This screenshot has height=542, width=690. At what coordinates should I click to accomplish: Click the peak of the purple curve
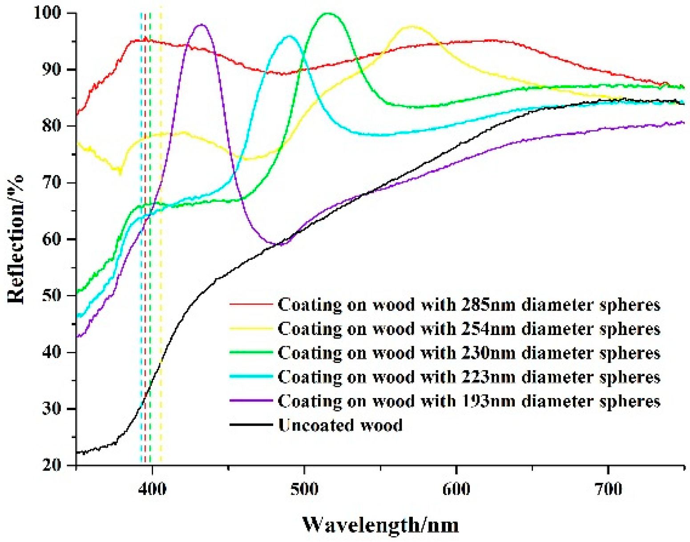click(x=201, y=25)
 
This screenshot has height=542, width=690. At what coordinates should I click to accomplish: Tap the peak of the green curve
click(x=328, y=13)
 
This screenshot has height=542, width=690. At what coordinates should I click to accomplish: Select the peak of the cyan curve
click(x=290, y=36)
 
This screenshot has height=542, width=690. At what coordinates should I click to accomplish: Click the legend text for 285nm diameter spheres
click(x=469, y=305)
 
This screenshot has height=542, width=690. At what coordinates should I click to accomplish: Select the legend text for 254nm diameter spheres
click(x=469, y=329)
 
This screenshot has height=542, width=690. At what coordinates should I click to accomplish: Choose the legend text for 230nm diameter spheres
click(x=469, y=353)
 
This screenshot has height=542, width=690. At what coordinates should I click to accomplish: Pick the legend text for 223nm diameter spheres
click(x=469, y=377)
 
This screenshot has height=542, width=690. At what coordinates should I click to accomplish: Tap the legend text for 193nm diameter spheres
click(x=469, y=401)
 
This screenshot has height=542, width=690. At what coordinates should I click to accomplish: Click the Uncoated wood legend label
click(x=340, y=425)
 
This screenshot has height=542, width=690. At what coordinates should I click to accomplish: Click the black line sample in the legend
click(x=251, y=425)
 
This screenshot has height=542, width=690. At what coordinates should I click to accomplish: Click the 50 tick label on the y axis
click(x=52, y=295)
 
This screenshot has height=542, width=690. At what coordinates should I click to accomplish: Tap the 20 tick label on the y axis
click(x=52, y=465)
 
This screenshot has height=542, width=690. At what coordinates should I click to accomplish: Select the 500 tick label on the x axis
click(x=304, y=489)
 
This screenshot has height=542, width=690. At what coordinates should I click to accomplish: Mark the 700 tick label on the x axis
click(x=608, y=489)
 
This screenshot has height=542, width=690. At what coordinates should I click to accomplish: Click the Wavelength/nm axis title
click(x=380, y=525)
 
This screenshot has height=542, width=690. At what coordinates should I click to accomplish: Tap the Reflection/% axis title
click(x=16, y=240)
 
